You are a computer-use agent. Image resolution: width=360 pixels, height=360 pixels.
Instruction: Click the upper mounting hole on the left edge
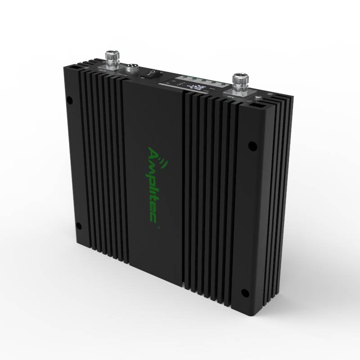[69, 100]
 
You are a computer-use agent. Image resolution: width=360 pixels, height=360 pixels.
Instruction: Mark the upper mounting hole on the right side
[252, 146]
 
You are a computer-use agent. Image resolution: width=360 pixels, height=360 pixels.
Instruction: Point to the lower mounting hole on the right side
[245, 293]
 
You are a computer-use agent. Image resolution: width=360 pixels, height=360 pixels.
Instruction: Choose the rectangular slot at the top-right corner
[256, 106]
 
